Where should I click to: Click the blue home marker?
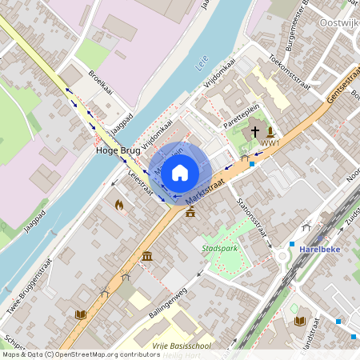coord(180,171)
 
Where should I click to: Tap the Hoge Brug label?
coord(117,150)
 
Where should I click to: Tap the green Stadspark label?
coord(221,248)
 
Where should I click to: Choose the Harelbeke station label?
coord(319,249)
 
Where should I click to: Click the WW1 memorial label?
coord(270,144)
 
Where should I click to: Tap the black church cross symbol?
coord(255,131)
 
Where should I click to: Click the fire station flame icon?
coord(119,206)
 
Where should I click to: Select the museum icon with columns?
coord(147,255)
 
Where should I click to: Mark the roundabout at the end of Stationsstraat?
coord(282,256)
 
